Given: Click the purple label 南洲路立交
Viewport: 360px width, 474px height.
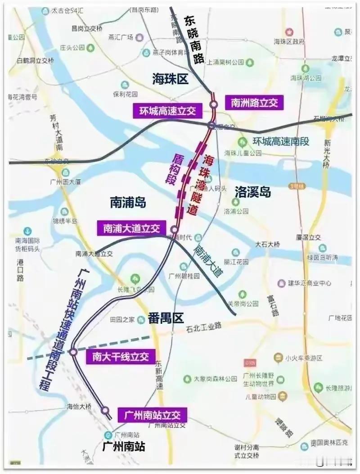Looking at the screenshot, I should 254,103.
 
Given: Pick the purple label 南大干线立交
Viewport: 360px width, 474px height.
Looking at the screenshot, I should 120,357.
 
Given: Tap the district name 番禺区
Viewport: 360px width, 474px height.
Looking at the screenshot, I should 166,319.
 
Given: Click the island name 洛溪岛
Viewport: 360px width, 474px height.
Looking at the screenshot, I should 253,192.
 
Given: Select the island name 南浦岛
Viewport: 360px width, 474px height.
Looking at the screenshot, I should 128,203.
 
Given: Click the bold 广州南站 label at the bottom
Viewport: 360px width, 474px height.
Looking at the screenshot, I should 124,447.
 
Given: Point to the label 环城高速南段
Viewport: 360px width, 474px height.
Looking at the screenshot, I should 281,141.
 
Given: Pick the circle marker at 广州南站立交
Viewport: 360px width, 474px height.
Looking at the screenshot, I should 105,410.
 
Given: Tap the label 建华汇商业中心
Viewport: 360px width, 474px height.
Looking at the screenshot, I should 310,283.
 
